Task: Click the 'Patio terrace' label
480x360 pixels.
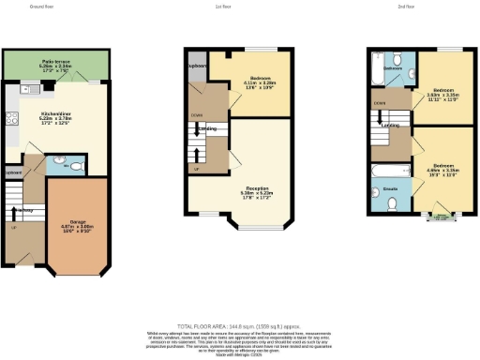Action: tap(52, 62)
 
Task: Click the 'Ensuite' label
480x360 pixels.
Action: tap(391, 189)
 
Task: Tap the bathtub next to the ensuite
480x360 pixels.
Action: tap(389, 172)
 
